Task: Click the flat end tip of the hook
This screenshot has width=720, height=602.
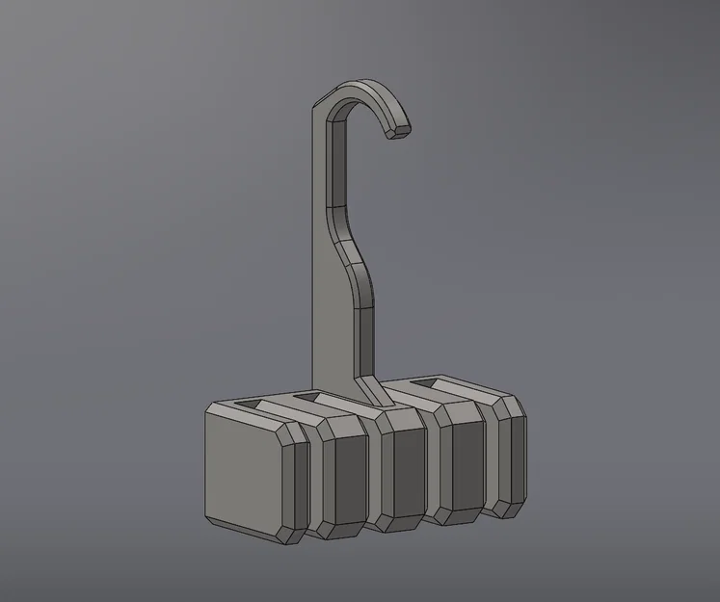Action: [x=396, y=132]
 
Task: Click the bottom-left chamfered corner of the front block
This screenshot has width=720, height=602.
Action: [x=212, y=519]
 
